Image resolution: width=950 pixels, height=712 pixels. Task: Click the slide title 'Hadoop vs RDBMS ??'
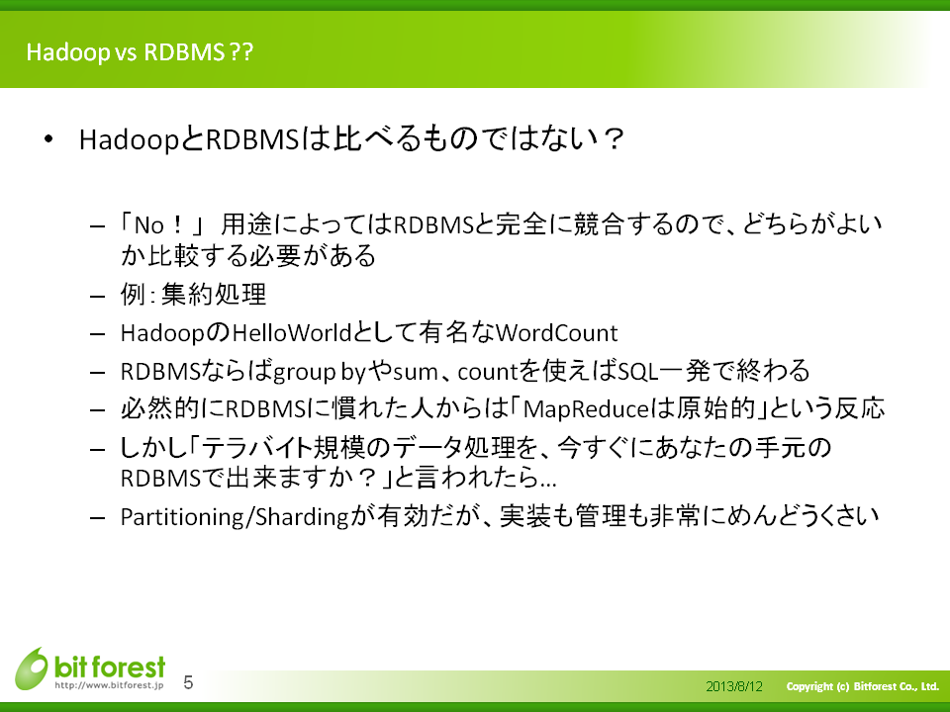[140, 52]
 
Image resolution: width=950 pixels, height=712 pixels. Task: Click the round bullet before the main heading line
[48, 139]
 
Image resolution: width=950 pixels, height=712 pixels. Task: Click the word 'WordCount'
[557, 333]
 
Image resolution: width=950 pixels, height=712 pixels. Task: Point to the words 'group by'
[320, 372]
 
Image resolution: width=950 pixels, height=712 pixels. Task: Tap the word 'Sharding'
[302, 517]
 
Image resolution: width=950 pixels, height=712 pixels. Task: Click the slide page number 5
[188, 683]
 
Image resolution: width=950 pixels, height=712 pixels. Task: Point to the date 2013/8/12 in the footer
[733, 686]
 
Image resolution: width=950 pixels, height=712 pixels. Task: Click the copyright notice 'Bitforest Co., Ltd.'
[897, 686]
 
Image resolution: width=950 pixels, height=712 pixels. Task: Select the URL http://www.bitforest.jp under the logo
[109, 685]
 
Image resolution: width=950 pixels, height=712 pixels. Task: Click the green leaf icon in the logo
[32, 668]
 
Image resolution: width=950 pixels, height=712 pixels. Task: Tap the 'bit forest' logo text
[110, 667]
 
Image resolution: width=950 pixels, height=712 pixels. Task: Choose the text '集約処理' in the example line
[214, 295]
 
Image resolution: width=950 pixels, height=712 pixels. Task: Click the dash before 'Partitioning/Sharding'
[98, 518]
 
